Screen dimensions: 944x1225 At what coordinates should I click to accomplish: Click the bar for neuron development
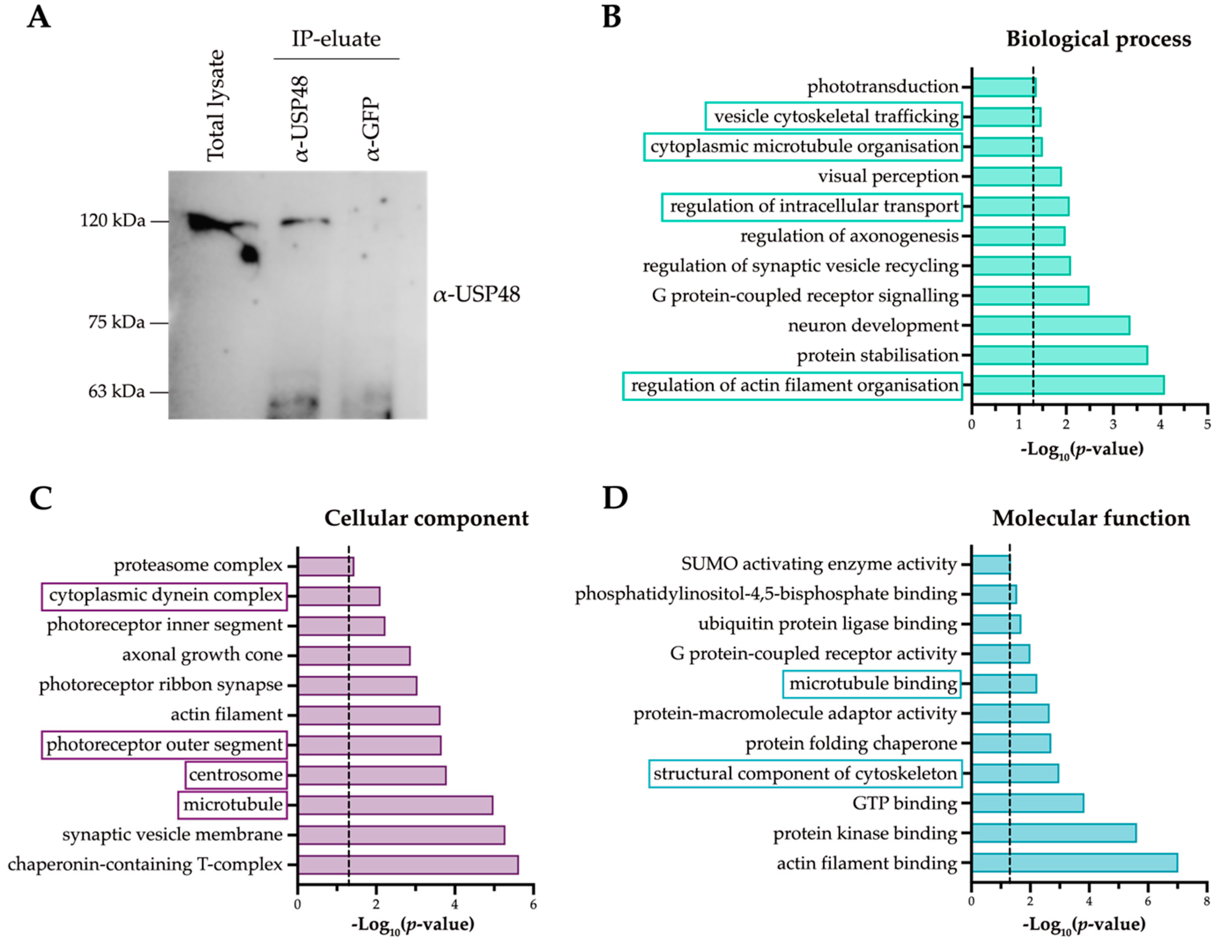pos(1050,325)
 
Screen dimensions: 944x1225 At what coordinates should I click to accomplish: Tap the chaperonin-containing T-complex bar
pos(408,864)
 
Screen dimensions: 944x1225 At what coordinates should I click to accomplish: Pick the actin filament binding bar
pos(1074,863)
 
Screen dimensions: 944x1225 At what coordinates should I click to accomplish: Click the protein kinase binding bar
pos(1053,833)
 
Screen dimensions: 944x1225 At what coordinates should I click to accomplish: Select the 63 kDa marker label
pos(116,391)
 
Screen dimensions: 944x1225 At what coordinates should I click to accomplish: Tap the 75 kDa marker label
pos(116,322)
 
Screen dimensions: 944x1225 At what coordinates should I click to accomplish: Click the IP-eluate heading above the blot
pos(336,39)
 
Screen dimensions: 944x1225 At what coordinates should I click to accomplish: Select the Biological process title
pos(1098,39)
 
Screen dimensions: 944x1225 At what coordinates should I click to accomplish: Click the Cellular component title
pos(426,518)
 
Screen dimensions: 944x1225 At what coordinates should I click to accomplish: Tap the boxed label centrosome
pos(236,775)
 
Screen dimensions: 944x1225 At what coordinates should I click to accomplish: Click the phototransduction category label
pos(882,86)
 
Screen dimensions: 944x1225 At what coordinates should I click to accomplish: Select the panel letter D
pos(615,497)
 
